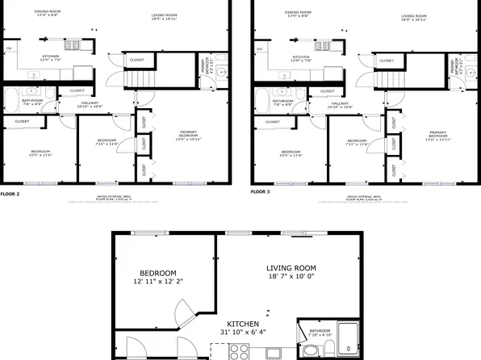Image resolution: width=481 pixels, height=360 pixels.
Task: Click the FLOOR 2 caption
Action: pyautogui.click(x=10, y=194)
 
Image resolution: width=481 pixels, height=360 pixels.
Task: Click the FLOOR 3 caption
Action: pyautogui.click(x=261, y=192)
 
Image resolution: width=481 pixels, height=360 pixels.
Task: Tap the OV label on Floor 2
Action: pyautogui.click(x=10, y=48)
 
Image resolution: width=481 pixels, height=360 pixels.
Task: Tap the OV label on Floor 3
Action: pyautogui.click(x=260, y=48)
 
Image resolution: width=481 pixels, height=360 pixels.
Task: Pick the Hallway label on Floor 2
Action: pyautogui.click(x=90, y=103)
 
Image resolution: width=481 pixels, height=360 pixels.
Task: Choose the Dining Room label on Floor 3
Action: pyautogui.click(x=299, y=12)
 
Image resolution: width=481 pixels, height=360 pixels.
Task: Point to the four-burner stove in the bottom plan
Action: pyautogui.click(x=240, y=350)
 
